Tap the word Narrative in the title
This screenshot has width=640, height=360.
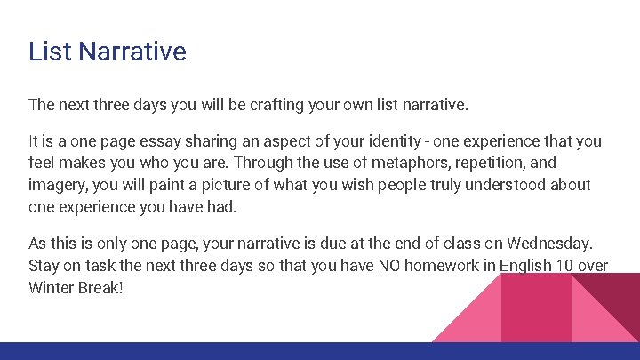[132, 52]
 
